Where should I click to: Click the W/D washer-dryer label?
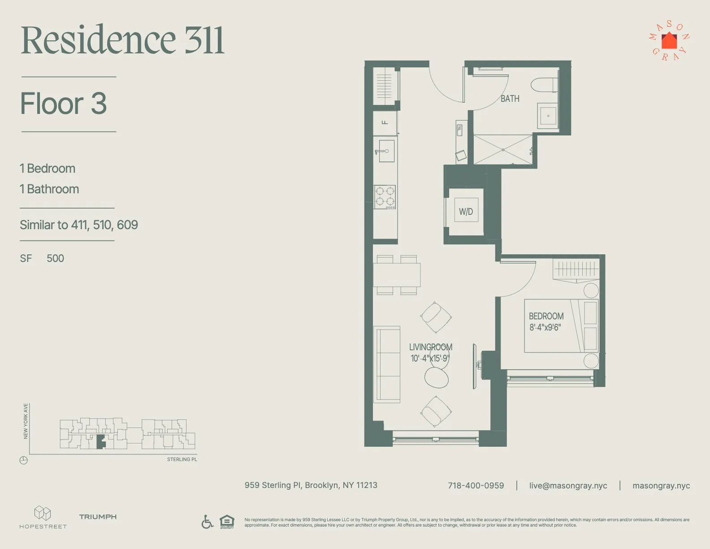click(x=466, y=212)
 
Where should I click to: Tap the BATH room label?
click(x=510, y=99)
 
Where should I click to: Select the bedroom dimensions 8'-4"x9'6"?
click(x=545, y=327)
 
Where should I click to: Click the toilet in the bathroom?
click(x=544, y=85)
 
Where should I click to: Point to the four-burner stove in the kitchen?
click(x=385, y=197)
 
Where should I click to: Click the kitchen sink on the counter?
click(x=385, y=151)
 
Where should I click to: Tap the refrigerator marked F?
click(x=385, y=122)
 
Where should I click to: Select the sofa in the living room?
click(x=386, y=364)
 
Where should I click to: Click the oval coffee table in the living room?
click(x=436, y=377)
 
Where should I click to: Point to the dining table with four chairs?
click(x=397, y=274)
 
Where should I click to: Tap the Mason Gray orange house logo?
click(x=669, y=41)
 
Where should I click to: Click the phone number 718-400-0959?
click(x=476, y=486)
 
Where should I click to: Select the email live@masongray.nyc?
click(x=568, y=486)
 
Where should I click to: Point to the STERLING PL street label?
click(x=182, y=460)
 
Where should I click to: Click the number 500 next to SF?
click(x=55, y=258)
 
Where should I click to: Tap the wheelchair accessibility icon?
click(x=207, y=522)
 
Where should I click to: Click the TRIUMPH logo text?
click(x=98, y=517)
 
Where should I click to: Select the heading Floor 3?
click(x=63, y=104)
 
